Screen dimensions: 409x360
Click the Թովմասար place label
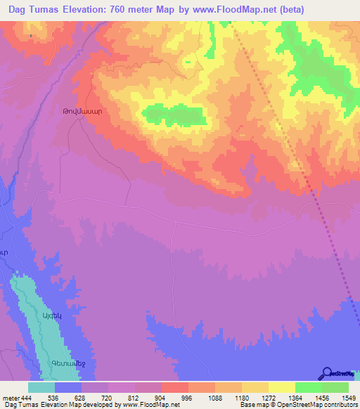coord(83,111)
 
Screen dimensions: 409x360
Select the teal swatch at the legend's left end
coord(41,388)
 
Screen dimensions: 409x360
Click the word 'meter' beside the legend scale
coord(11,398)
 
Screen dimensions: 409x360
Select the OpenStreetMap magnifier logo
coord(327,373)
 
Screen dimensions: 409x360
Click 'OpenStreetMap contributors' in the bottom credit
coord(316,405)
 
